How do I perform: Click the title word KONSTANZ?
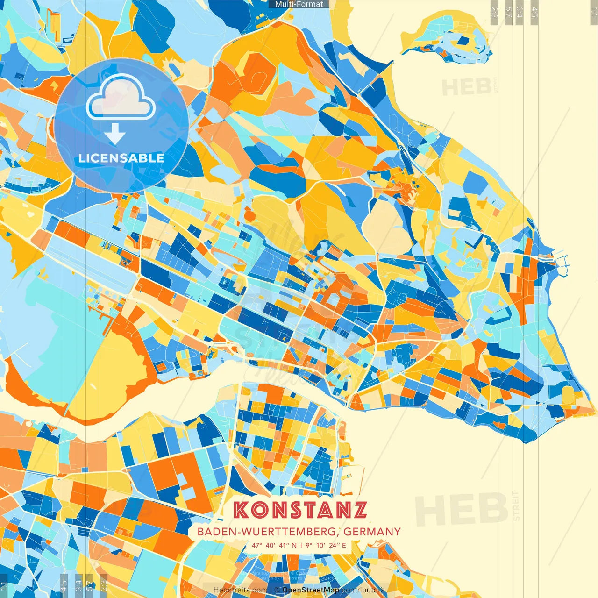point(300,510)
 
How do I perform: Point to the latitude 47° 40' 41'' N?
point(274,545)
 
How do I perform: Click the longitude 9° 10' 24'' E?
point(326,545)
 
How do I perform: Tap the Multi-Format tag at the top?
point(299,4)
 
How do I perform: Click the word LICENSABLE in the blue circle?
point(121,158)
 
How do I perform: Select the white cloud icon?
point(121,97)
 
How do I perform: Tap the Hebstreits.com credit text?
point(240,590)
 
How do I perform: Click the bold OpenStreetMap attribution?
point(311,590)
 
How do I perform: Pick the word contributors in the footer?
point(363,590)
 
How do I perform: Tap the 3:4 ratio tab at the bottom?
point(78,585)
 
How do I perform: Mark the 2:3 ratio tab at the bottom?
point(104,585)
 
